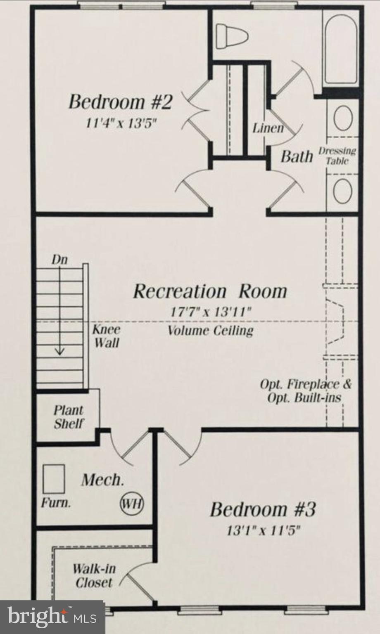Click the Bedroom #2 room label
120,102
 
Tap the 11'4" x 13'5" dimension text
121,123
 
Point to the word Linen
268,128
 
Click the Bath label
297,157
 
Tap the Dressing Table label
337,156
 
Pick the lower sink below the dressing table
342,192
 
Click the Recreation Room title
210,291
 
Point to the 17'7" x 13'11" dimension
211,311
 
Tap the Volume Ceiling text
211,331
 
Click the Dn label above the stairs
59,260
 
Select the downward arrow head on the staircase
60,352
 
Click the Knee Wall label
107,336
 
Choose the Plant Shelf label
69,417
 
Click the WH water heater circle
132,504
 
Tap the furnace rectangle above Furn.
54,479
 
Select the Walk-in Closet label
94,575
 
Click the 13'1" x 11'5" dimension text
263,530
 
